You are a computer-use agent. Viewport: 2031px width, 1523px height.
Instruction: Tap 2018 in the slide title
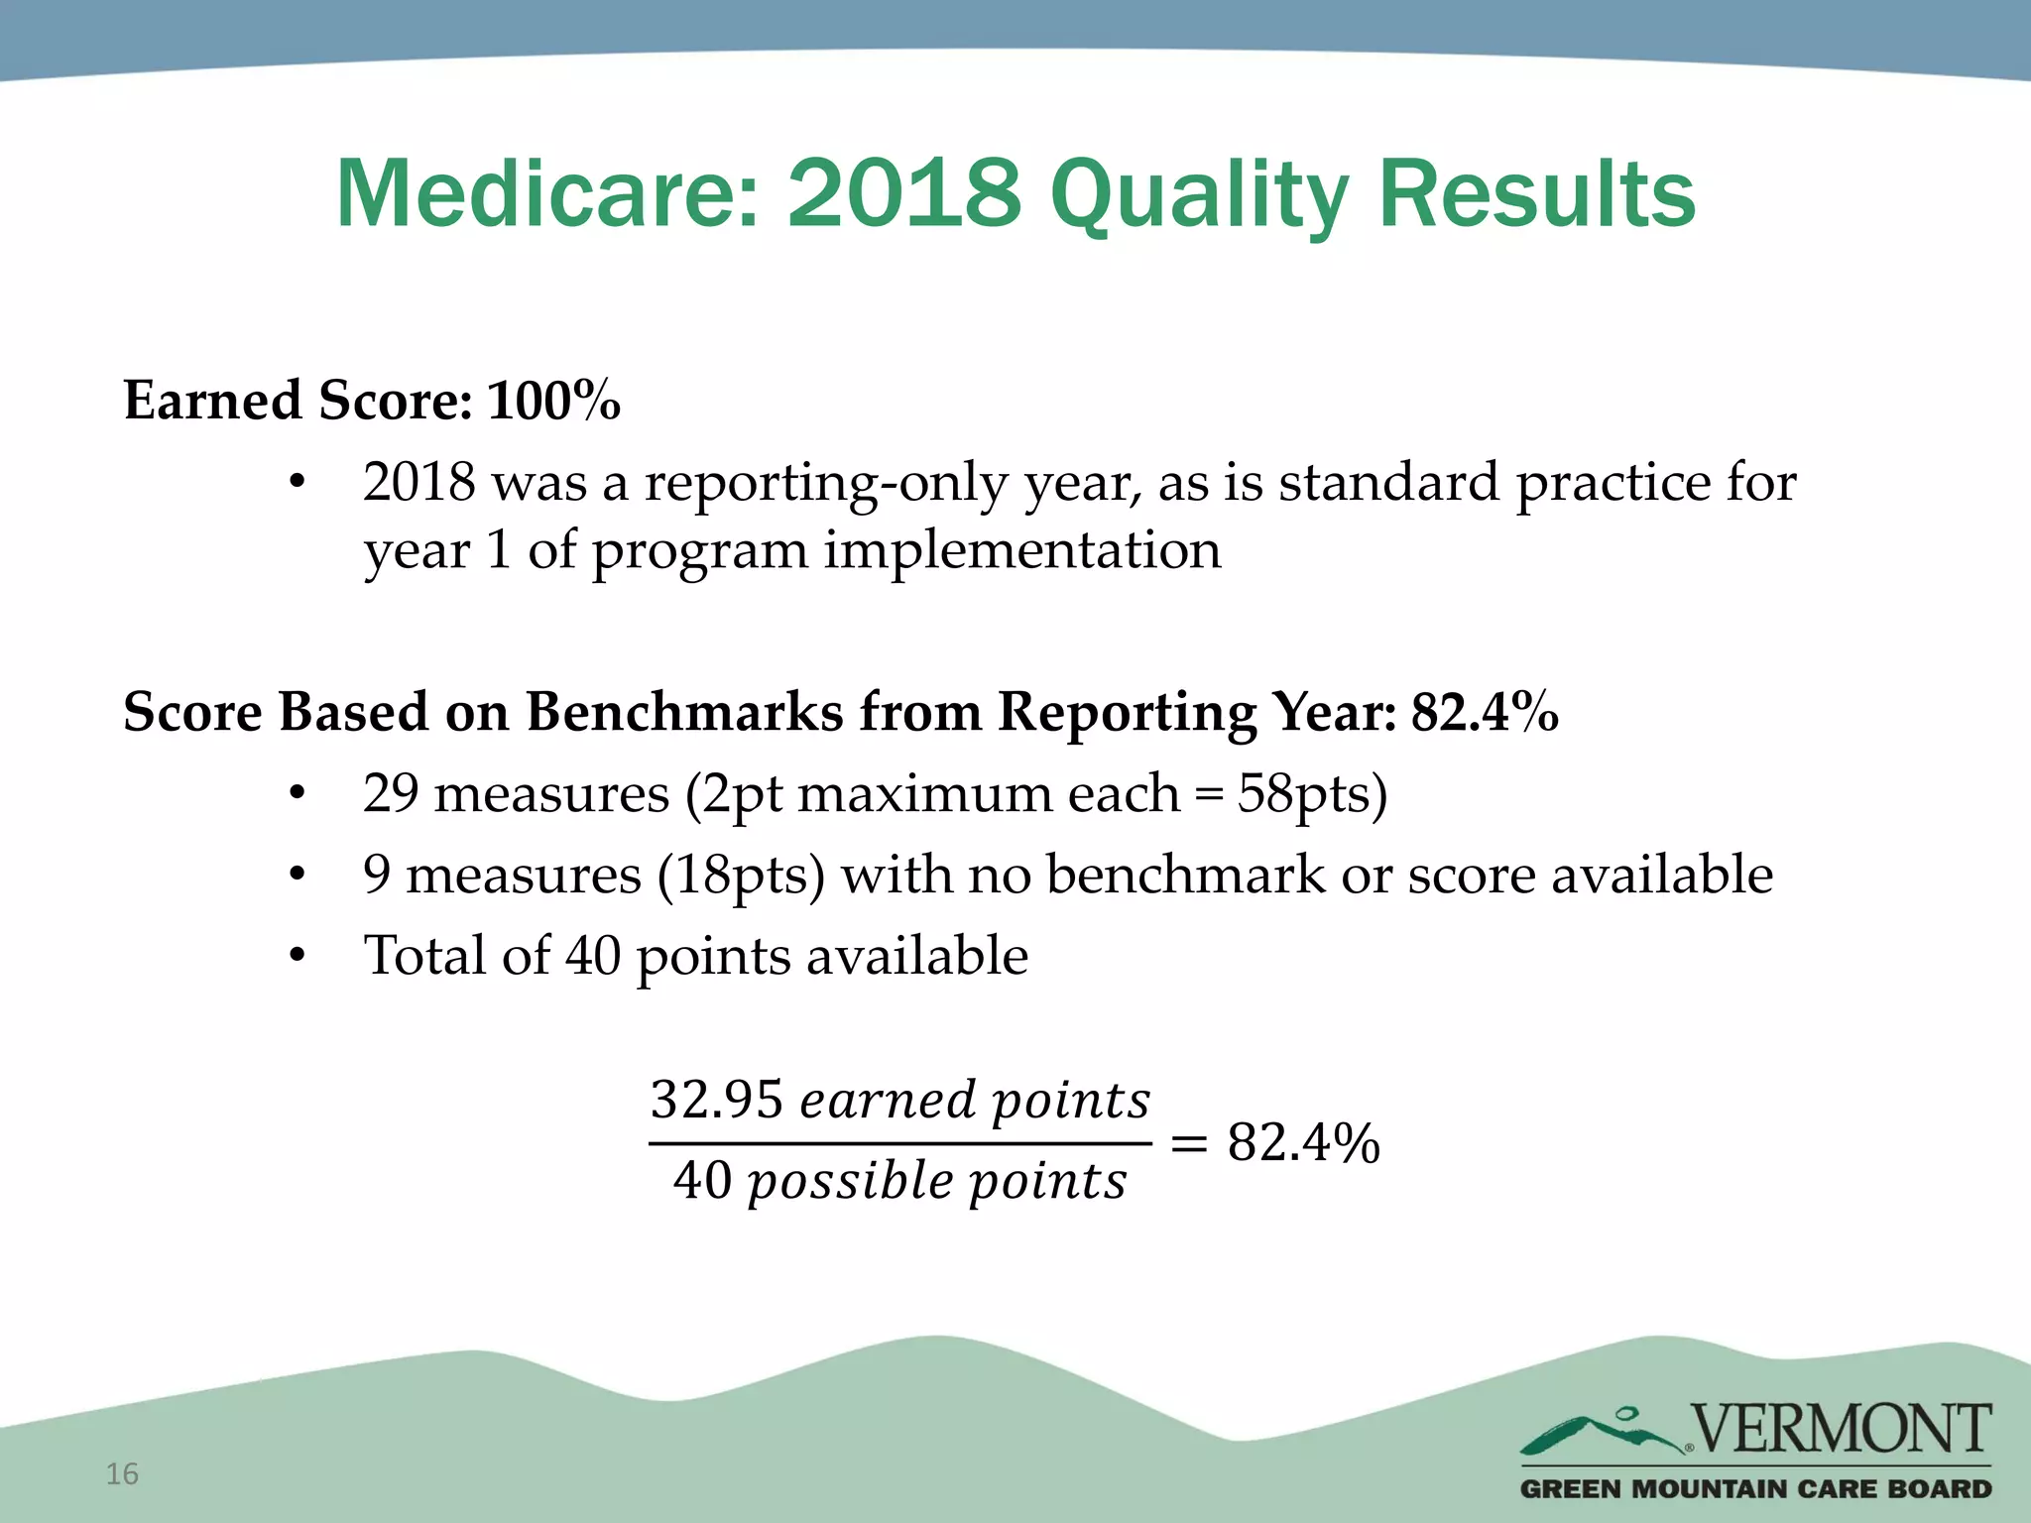click(x=903, y=194)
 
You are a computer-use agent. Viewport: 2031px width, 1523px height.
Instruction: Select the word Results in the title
click(x=1536, y=194)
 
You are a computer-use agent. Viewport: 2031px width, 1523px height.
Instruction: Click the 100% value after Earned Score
click(x=553, y=402)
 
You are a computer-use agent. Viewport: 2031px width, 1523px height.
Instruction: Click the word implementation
click(x=1022, y=550)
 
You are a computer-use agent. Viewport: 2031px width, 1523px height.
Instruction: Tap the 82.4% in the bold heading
click(x=1485, y=712)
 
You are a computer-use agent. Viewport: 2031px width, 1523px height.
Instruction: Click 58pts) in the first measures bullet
click(x=1311, y=794)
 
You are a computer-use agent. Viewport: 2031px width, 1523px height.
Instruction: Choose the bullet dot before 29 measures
click(x=297, y=794)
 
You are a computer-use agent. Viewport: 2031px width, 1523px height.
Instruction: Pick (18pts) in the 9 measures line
click(x=741, y=876)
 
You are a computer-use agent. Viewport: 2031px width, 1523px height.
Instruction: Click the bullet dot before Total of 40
click(x=297, y=957)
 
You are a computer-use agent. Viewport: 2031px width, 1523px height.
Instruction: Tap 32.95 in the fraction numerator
click(x=716, y=1100)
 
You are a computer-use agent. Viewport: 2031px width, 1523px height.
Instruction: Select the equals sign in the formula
click(x=1189, y=1143)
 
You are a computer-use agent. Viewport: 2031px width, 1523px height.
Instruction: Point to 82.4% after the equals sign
click(x=1303, y=1142)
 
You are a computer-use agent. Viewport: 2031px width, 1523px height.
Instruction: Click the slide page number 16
click(x=122, y=1474)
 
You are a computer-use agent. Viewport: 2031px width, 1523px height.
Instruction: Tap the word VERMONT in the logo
click(x=1841, y=1429)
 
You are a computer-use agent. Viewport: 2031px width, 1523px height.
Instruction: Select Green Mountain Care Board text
click(x=1755, y=1489)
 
